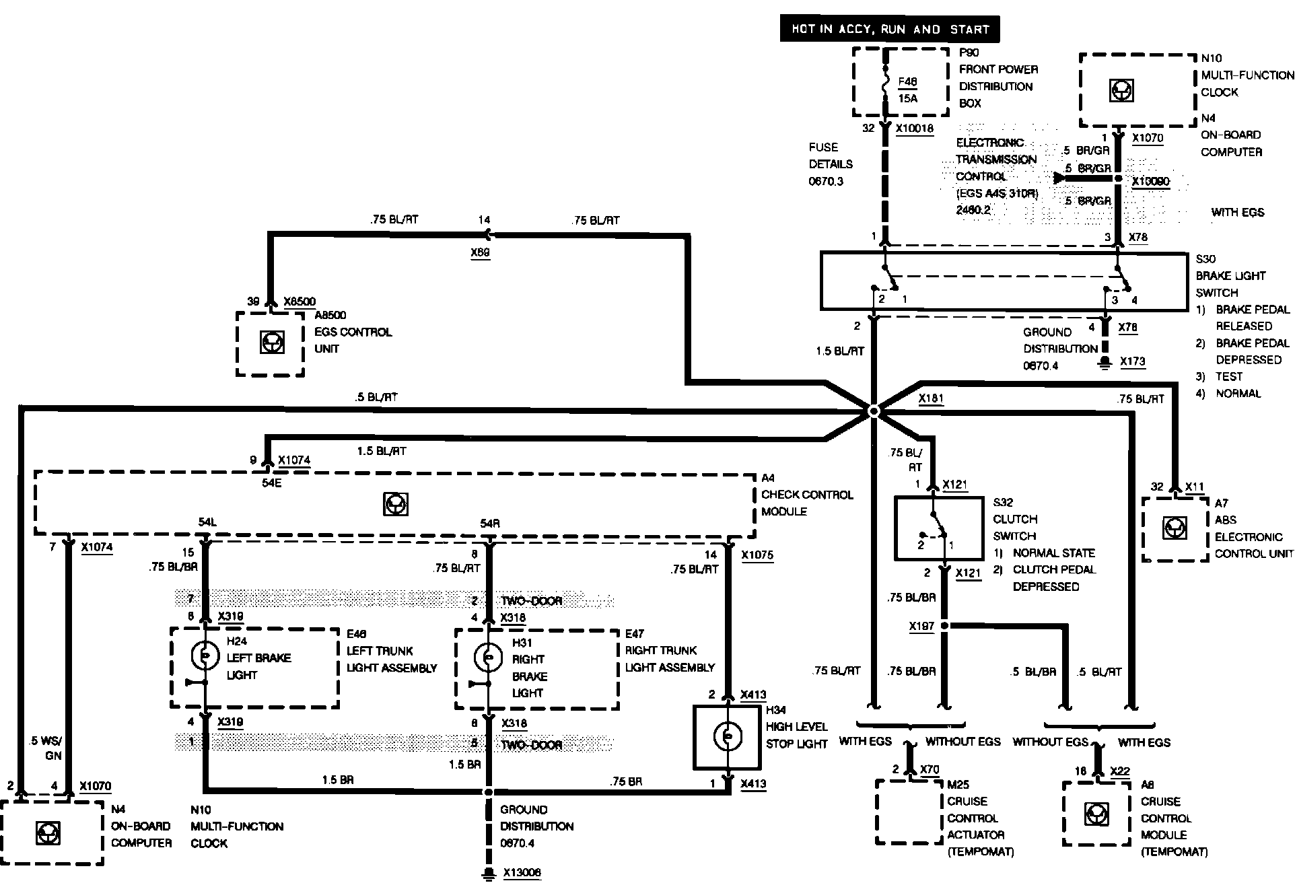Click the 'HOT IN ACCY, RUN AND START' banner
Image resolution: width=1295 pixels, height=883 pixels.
coord(890,30)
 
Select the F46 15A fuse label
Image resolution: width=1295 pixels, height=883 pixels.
coord(907,90)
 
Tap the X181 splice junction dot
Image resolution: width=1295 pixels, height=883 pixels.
coord(873,411)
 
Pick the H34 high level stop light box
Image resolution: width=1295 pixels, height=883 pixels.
coord(727,737)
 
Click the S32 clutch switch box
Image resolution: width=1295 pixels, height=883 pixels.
coord(938,529)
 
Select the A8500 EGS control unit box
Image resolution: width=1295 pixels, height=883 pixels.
coord(271,343)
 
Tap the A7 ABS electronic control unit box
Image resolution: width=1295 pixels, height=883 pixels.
coord(1175,528)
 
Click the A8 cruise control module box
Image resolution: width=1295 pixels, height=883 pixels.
coord(1096,814)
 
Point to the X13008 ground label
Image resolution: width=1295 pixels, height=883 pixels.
coord(522,873)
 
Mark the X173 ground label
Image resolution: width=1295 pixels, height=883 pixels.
coord(1132,361)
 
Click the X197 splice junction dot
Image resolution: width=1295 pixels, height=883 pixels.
coord(944,626)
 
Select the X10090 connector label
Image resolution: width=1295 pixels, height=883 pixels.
coord(1150,182)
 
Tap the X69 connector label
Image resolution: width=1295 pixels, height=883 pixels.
coord(481,252)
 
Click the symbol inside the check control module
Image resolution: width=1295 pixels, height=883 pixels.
coord(395,504)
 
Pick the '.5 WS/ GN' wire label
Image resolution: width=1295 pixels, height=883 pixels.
coord(46,748)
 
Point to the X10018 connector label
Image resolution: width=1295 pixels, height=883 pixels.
coord(915,129)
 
